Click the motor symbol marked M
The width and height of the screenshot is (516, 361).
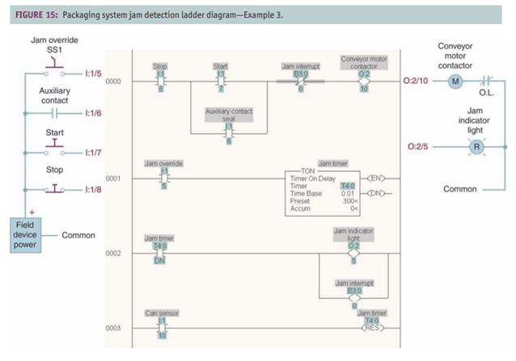[x=453, y=82]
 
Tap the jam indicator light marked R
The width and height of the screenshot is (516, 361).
[x=475, y=147]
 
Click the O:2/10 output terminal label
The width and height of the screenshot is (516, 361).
[x=414, y=82]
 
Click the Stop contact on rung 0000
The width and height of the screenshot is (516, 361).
[x=161, y=82]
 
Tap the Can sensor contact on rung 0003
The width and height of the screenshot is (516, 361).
[x=162, y=328]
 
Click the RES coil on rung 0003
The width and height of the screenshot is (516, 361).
[x=374, y=329]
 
